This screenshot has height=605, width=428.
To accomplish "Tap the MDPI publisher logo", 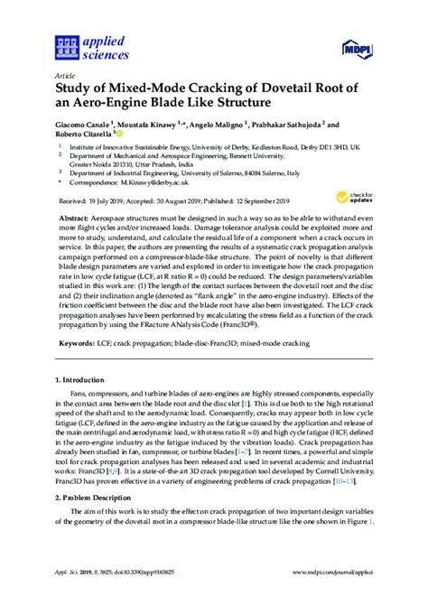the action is point(356,44).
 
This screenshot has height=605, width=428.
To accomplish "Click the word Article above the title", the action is point(64,76).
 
